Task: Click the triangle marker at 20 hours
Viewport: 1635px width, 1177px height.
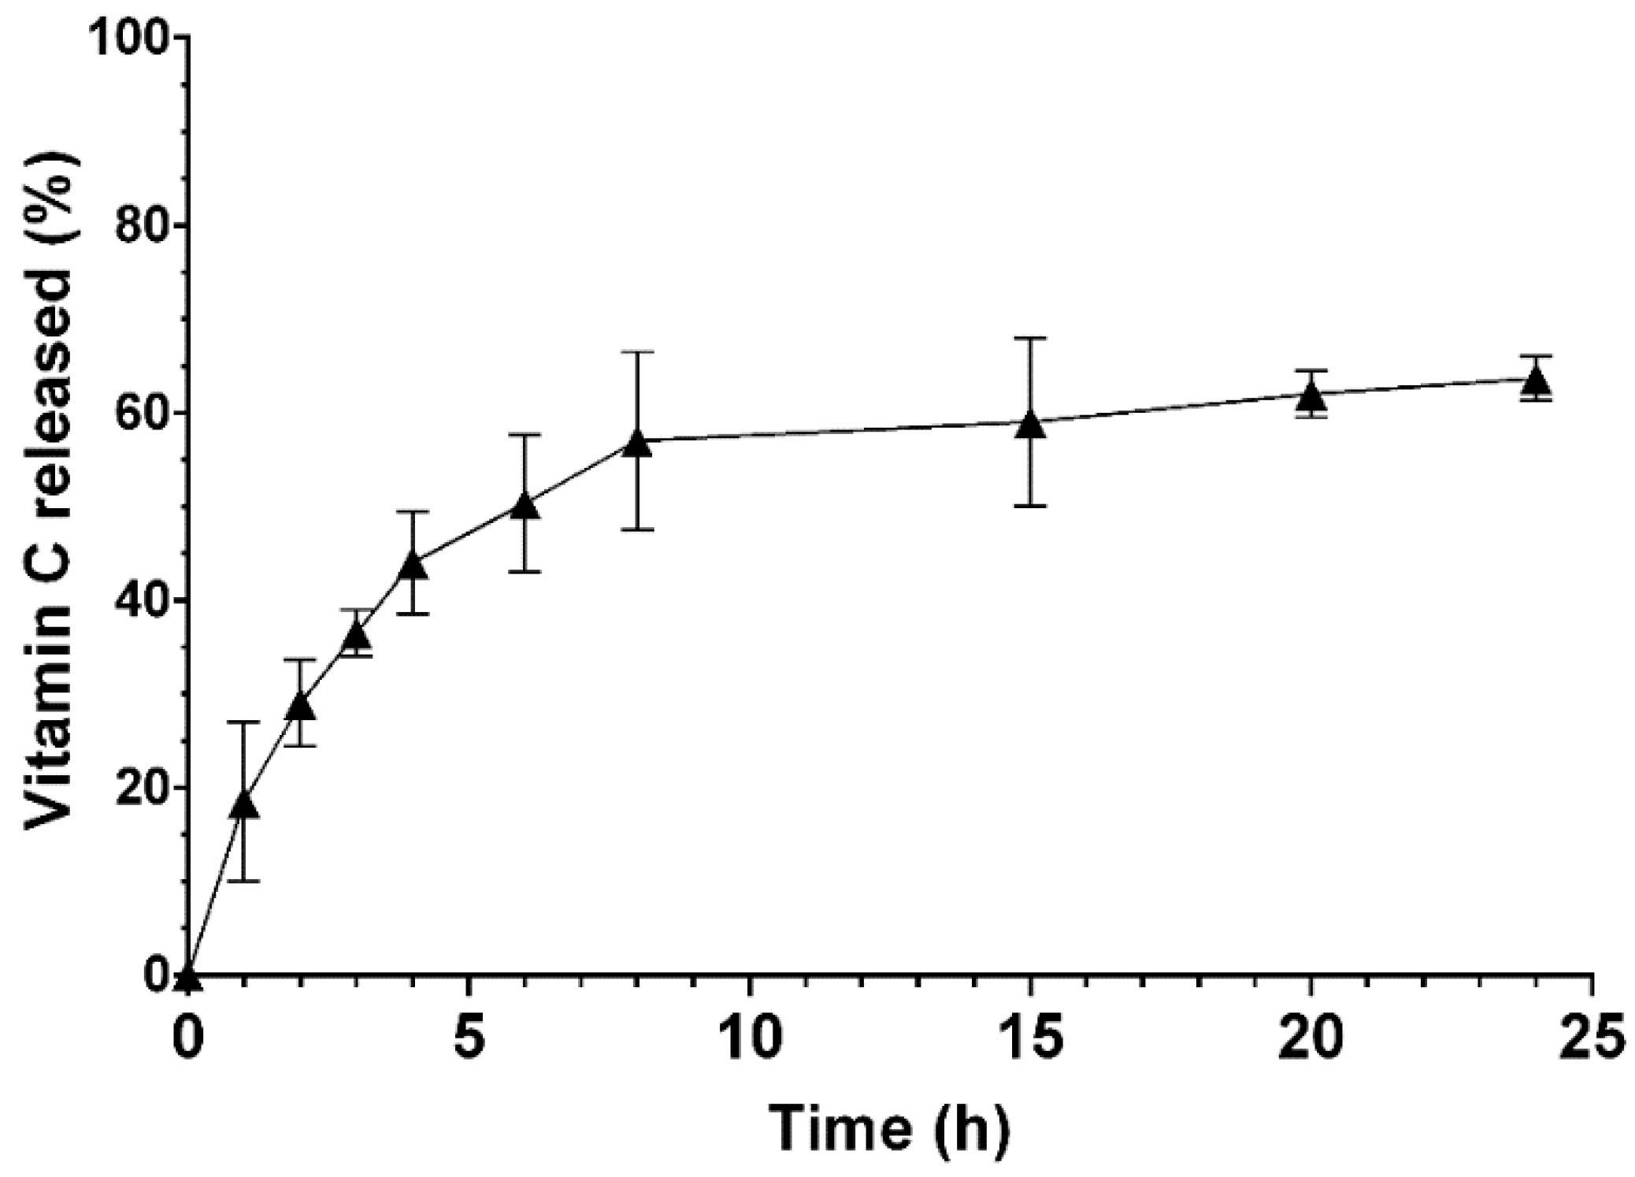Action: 1311,396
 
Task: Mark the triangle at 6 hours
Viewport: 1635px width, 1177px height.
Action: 525,507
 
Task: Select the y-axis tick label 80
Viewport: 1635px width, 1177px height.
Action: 142,227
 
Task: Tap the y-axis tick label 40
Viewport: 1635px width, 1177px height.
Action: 142,601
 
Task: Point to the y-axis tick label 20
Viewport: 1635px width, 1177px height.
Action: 142,789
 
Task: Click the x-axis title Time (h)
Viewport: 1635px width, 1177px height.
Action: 888,1128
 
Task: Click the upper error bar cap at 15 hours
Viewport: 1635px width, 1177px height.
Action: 1029,338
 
